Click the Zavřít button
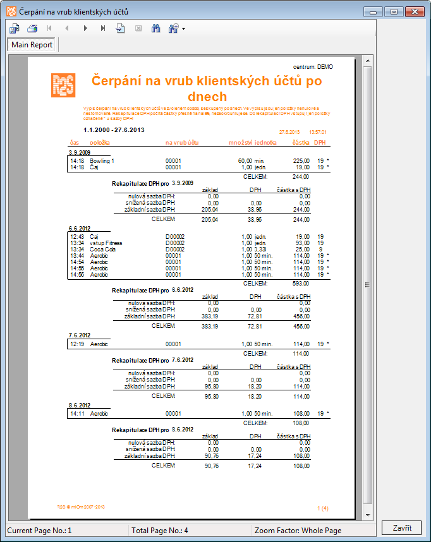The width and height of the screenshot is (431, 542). [401, 528]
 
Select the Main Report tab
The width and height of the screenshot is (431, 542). [32, 45]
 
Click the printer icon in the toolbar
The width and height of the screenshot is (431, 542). [32, 28]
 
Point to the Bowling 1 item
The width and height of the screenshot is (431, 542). [102, 161]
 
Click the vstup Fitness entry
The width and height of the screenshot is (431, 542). [106, 243]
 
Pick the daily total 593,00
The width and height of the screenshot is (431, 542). [301, 284]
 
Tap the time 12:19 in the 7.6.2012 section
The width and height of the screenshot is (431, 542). [77, 344]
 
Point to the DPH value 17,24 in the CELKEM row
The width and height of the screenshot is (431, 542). [255, 466]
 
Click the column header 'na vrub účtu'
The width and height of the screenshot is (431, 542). [182, 143]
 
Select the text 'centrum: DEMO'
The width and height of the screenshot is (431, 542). [313, 66]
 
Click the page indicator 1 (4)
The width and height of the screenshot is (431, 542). [322, 507]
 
